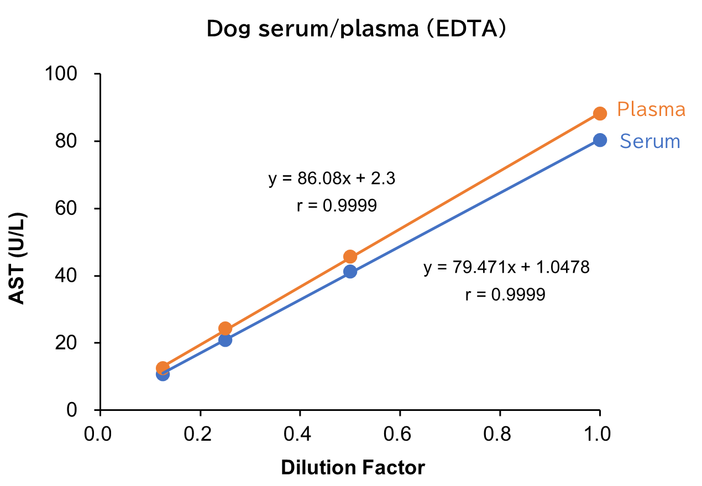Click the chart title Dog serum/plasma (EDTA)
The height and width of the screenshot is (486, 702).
coord(356,29)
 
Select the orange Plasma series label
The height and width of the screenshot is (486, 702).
coord(651,109)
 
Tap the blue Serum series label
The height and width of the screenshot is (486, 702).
coord(649,141)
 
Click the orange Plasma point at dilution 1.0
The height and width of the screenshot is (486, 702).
coord(600,113)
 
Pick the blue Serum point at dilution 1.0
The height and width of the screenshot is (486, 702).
coord(600,140)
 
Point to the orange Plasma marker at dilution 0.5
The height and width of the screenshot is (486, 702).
coord(350,256)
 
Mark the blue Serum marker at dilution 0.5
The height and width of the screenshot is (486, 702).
coord(350,271)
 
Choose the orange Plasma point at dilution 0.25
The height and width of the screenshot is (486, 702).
coord(225,328)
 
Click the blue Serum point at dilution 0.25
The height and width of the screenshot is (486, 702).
coord(225,340)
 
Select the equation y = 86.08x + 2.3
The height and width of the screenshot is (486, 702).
coord(332,179)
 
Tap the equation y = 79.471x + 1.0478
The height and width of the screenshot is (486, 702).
coord(506,268)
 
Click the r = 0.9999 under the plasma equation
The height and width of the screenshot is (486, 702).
coord(337,206)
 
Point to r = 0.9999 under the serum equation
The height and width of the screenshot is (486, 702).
coord(505,294)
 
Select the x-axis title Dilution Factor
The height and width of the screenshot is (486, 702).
coord(353,468)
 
